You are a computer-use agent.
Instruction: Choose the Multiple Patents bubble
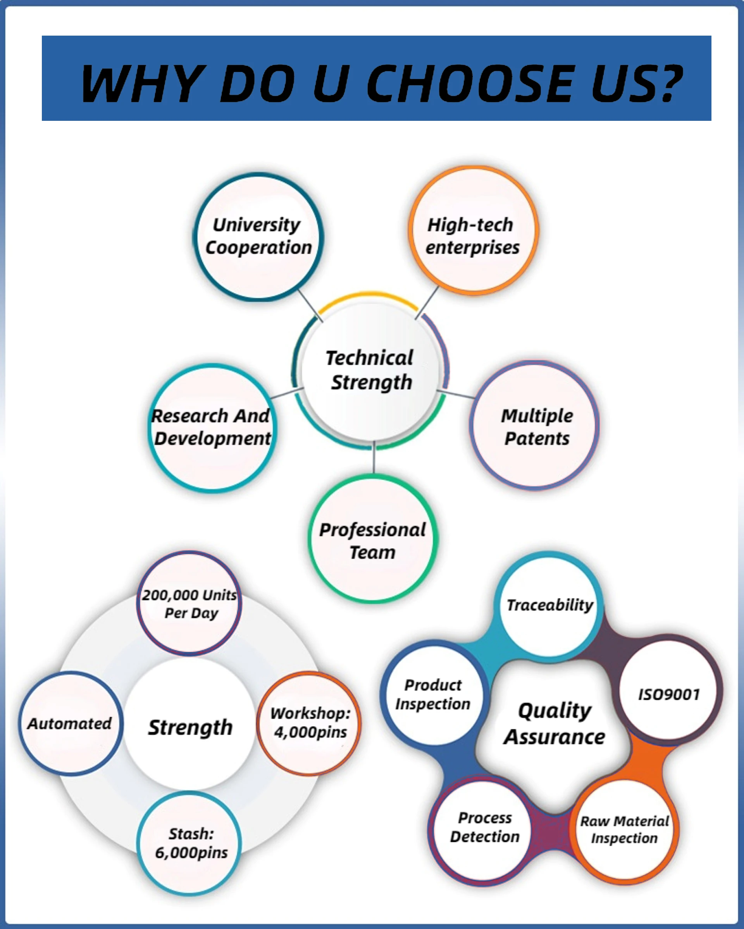coord(534,426)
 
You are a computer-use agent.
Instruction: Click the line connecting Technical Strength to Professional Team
coord(374,458)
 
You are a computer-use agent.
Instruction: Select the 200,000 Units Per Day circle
coord(189,603)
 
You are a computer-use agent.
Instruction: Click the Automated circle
coord(70,723)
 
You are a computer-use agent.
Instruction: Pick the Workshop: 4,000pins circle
coord(309,723)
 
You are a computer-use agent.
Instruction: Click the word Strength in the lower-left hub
coord(190,727)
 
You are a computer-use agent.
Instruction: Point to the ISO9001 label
coord(668,694)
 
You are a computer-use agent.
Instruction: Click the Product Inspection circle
coord(433,694)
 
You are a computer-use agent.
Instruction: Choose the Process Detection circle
coord(484,827)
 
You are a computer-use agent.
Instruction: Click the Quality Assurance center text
coord(555,724)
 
